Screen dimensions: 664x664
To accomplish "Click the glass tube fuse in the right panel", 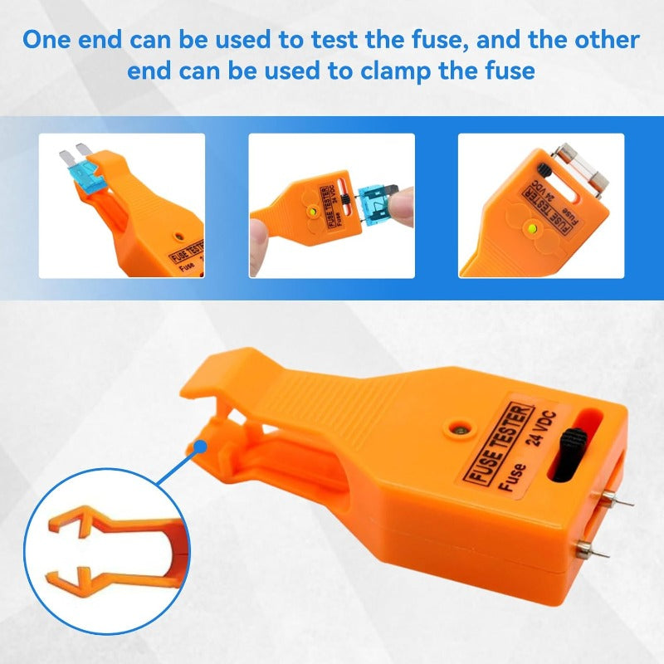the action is tap(582, 169).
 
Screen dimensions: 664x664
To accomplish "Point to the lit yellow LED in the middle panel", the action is tap(313, 211).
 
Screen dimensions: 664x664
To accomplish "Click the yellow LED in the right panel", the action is tap(532, 230).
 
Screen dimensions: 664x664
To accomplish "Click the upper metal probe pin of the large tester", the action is tap(618, 500).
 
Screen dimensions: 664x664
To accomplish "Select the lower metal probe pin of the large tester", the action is tap(593, 549).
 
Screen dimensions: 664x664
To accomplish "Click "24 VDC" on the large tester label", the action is tap(541, 428).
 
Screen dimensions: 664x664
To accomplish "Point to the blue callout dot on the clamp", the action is tap(199, 447).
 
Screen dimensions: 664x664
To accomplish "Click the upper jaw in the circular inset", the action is tap(115, 522).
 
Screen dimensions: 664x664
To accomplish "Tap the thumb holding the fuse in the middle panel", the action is tap(403, 207).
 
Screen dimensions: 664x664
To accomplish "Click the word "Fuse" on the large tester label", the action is tap(512, 477).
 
